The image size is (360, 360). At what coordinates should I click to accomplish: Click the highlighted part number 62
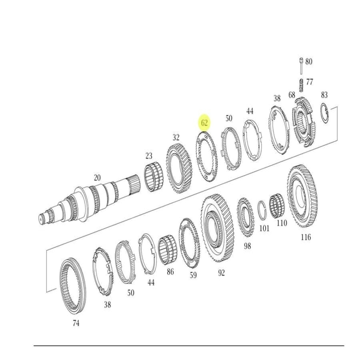[204, 123]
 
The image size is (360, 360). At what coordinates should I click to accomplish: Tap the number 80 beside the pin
[309, 61]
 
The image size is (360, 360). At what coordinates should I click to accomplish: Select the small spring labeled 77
[301, 85]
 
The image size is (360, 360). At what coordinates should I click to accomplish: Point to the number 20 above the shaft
[97, 178]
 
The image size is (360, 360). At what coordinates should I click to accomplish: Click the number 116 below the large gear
[306, 237]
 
